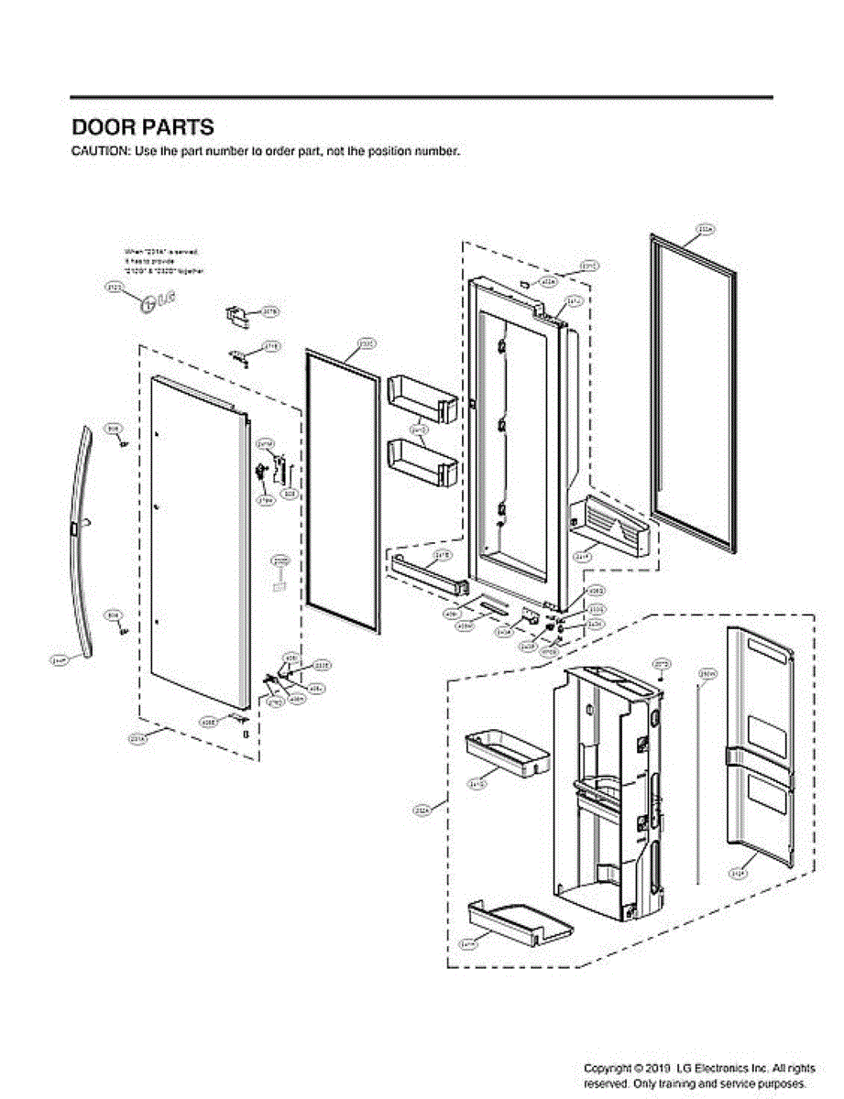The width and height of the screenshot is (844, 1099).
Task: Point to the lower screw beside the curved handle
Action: coord(124,628)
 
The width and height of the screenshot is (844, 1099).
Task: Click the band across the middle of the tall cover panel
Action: coord(757,756)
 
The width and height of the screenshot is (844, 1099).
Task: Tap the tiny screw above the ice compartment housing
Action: coord(661,677)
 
